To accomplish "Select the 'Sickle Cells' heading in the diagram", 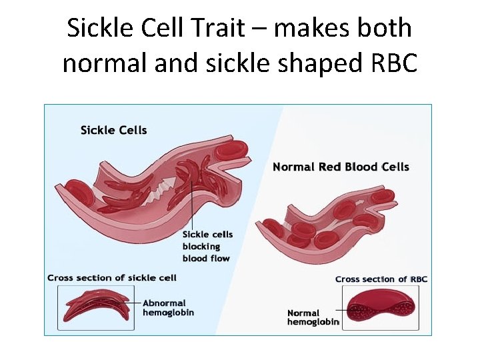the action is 113,129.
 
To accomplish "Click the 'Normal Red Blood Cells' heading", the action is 341,167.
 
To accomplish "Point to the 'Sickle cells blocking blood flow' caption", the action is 206,247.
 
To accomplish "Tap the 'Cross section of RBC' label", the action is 381,279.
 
